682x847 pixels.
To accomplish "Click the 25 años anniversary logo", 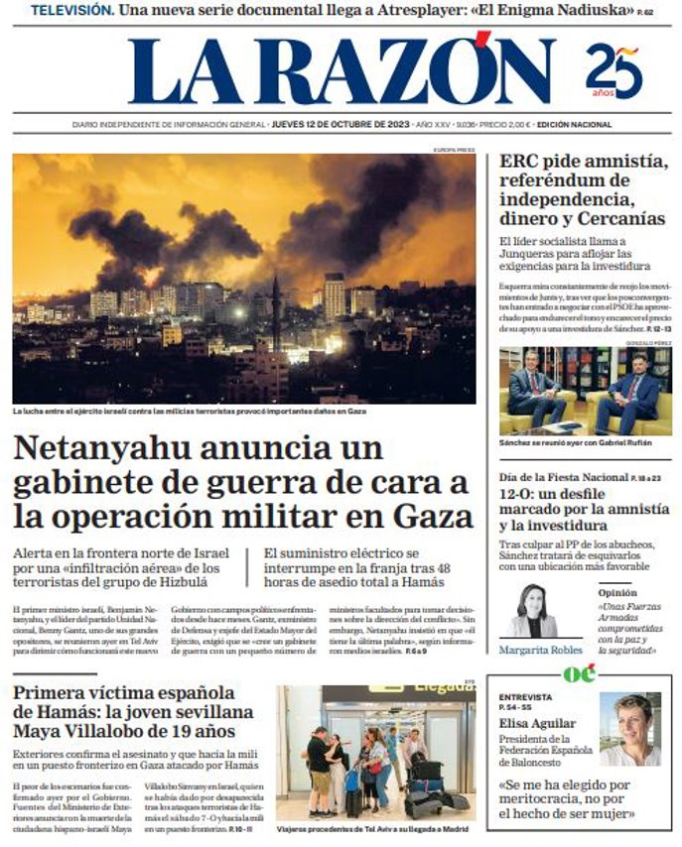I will tap(614, 70).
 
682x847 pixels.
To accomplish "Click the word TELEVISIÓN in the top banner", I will tap(70, 11).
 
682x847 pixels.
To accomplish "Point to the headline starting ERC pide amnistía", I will tap(584, 188).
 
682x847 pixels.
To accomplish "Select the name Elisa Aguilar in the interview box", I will tap(538, 724).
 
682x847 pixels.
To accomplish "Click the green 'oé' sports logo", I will tap(579, 674).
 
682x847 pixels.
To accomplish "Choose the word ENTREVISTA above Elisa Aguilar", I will tap(525, 697).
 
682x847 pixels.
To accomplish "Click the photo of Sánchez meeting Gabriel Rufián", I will tap(585, 391).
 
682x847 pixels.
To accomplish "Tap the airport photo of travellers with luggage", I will tap(375, 752).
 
